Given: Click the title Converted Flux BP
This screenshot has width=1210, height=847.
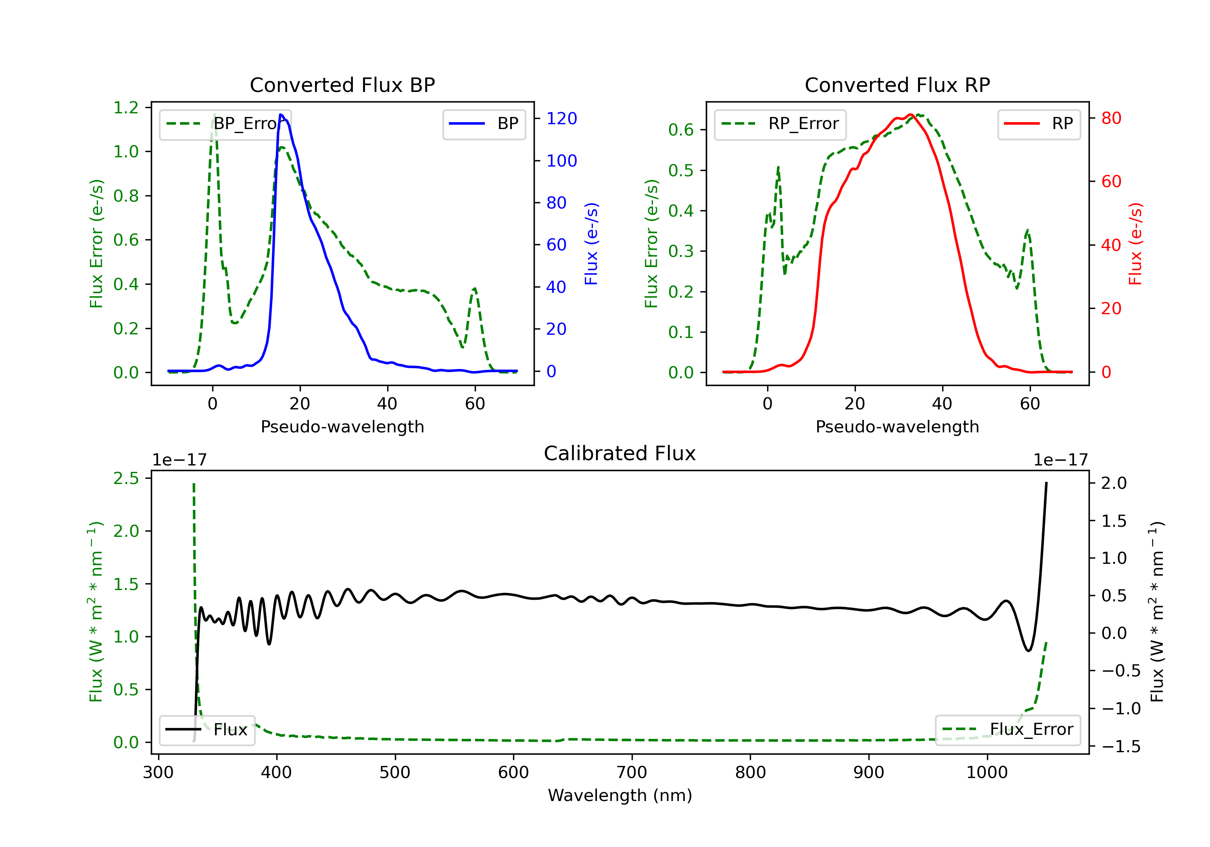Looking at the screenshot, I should [x=342, y=85].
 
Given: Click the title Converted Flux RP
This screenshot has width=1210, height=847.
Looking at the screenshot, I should [x=897, y=85].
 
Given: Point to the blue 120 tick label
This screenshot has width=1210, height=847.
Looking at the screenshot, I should [x=561, y=119].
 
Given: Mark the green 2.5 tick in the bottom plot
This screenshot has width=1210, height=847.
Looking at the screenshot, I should [x=126, y=479].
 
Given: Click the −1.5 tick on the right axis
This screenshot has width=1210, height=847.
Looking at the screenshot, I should [x=1120, y=746].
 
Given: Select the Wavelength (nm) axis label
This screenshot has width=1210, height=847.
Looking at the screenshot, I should [x=620, y=795].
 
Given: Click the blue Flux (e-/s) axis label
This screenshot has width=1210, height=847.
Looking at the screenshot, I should [x=591, y=244].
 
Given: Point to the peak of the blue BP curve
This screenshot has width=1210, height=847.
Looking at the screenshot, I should [x=281, y=115].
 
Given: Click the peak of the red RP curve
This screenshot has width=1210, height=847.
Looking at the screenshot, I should [x=911, y=115].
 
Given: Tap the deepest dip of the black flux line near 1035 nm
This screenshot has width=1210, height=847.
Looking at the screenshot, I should [x=1028, y=651].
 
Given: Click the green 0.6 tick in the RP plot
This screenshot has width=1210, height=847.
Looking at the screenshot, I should [x=680, y=129].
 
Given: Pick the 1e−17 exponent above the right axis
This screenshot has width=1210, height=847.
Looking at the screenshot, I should [x=1060, y=460].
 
